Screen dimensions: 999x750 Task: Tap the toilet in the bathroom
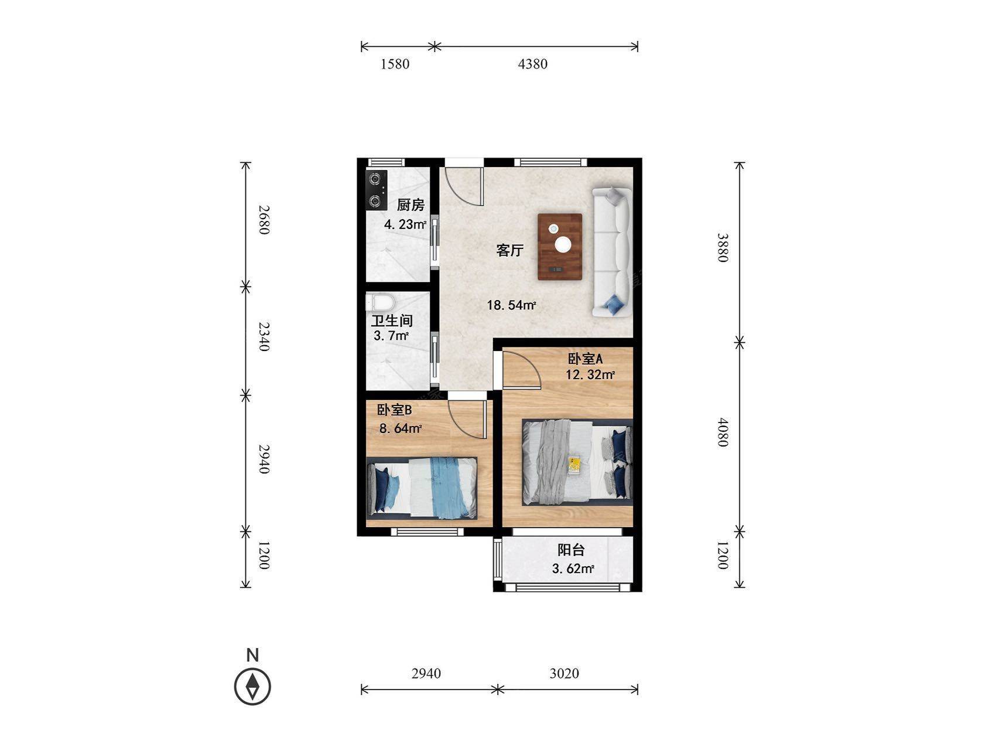[x=380, y=302]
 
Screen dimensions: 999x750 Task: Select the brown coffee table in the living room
[x=560, y=247]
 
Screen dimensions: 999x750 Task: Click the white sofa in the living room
[x=612, y=252]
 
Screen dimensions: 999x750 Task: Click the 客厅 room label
[x=509, y=251]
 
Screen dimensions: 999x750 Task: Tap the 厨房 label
[x=410, y=205]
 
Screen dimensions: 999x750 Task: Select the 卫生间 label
[x=392, y=321]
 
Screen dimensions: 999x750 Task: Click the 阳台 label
[x=571, y=550]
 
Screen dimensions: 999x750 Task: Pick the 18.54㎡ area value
[x=512, y=305]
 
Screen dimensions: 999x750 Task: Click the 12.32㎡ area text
[x=590, y=374]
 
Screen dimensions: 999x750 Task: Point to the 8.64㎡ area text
[x=401, y=428]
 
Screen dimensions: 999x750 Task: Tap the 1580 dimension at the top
[x=395, y=64]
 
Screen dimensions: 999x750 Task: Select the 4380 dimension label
[x=533, y=64]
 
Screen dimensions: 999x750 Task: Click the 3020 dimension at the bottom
[x=564, y=674]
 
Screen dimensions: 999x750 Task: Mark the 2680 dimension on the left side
[x=264, y=220]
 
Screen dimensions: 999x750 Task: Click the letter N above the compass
[x=252, y=655]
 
